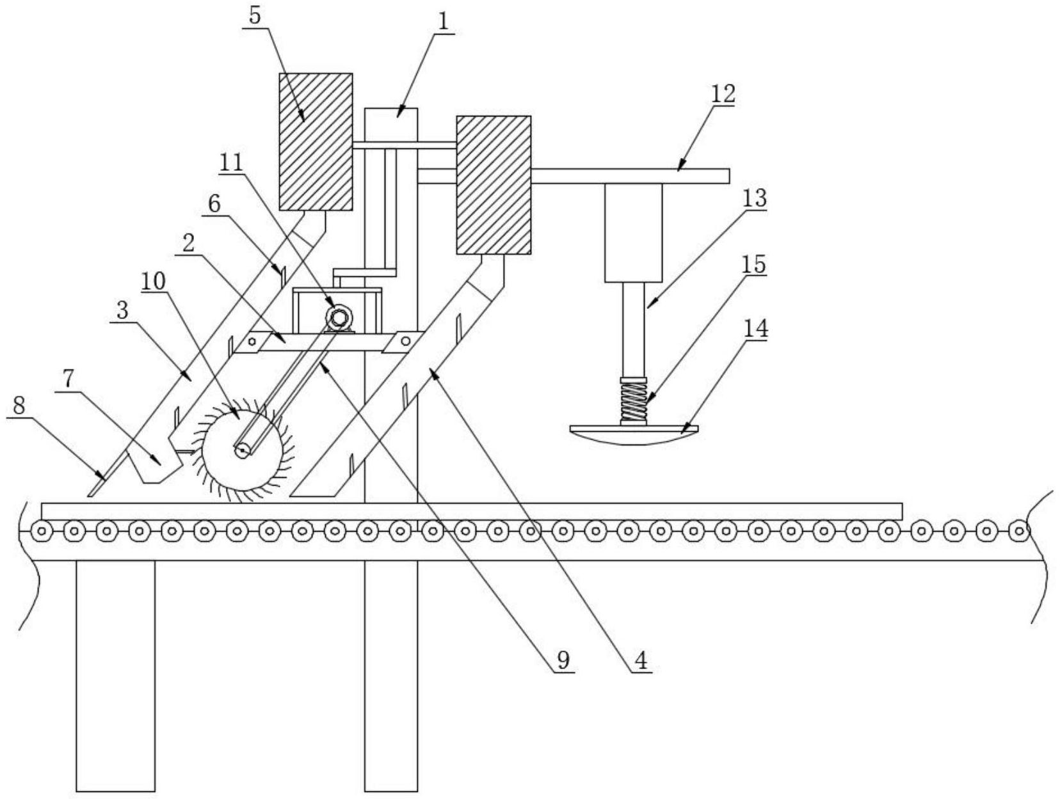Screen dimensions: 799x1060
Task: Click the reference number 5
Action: [x=255, y=15]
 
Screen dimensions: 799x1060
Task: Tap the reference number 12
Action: [x=723, y=94]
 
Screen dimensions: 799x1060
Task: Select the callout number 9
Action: [x=563, y=660]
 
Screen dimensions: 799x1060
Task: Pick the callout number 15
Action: [x=755, y=264]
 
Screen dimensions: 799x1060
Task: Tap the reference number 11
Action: [x=231, y=163]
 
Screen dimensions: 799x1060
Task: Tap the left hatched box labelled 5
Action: [x=316, y=141]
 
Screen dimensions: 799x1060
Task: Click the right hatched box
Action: [x=493, y=185]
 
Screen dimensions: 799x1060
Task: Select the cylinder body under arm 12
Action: [x=633, y=233]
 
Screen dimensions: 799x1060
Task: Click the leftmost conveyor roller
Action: [x=42, y=530]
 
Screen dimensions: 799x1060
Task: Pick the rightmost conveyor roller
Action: [x=1018, y=530]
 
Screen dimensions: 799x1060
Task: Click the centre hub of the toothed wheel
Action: [x=241, y=450]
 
